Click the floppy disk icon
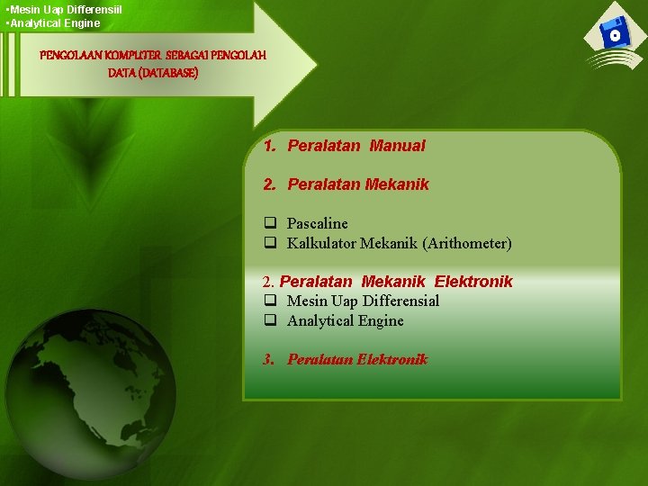click(x=615, y=35)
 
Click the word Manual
click(x=397, y=145)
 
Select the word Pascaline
click(x=317, y=223)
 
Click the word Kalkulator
click(x=321, y=243)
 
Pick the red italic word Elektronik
click(x=391, y=359)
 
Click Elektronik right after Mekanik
click(x=473, y=281)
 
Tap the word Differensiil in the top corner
click(x=94, y=9)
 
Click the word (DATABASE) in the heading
click(x=153, y=73)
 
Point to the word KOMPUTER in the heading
click(x=131, y=55)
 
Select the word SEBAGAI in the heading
click(x=186, y=55)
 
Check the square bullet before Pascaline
click(x=269, y=223)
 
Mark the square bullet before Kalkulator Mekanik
click(x=269, y=243)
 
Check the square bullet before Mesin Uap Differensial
click(x=269, y=301)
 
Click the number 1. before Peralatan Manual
click(x=270, y=145)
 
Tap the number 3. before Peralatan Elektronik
click(x=269, y=359)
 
